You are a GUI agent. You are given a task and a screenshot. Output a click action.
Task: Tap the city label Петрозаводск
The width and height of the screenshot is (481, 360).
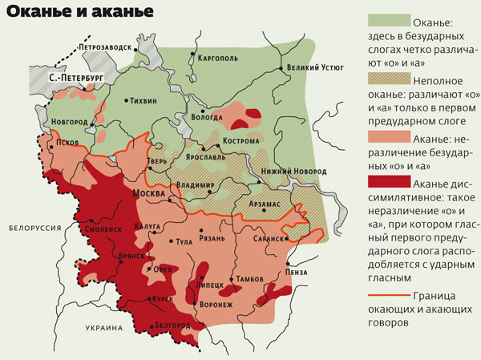(x=103, y=47)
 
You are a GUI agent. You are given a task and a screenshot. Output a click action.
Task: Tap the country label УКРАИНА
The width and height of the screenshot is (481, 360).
(x=104, y=328)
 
